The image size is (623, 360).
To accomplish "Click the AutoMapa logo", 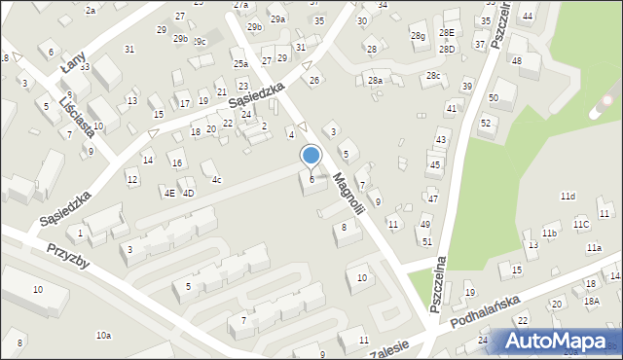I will [x=559, y=341].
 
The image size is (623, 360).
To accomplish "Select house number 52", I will [x=485, y=122].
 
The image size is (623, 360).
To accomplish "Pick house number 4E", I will [x=169, y=193].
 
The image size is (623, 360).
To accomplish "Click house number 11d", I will [x=568, y=197].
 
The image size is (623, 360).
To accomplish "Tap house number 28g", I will [x=418, y=36].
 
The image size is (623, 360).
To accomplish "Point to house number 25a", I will [x=240, y=64].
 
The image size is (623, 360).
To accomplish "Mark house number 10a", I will [x=103, y=336].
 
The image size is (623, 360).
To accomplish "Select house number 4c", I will [x=217, y=180].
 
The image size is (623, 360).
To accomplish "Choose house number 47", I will [x=433, y=198].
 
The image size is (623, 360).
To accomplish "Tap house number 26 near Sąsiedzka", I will [x=313, y=80].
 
